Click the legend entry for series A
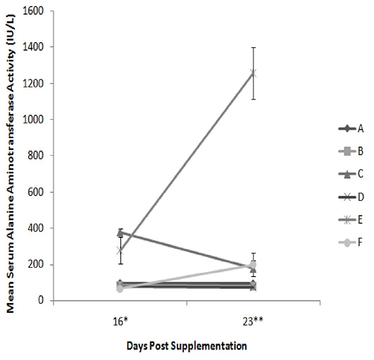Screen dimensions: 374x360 click(x=351, y=129)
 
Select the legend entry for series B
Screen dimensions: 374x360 click(x=351, y=151)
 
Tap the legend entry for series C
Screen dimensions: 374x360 click(x=351, y=174)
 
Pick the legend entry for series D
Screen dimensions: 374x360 click(x=351, y=197)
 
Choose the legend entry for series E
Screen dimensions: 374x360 click(x=351, y=220)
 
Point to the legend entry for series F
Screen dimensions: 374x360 click(x=351, y=242)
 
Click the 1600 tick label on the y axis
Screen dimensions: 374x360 click(x=33, y=11)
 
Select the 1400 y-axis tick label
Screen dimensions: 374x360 click(x=33, y=47)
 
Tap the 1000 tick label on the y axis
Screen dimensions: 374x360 click(x=33, y=119)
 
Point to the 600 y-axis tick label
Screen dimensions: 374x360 click(x=36, y=192)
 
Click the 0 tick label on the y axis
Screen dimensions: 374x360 click(x=41, y=300)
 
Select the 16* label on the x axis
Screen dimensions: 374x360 click(x=120, y=322)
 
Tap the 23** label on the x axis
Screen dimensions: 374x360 click(x=253, y=322)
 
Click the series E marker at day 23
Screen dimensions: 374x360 click(x=253, y=73)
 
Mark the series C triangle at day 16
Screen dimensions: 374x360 click(x=120, y=232)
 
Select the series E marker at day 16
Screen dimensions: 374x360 click(x=120, y=251)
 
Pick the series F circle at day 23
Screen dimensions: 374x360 click(x=253, y=265)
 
